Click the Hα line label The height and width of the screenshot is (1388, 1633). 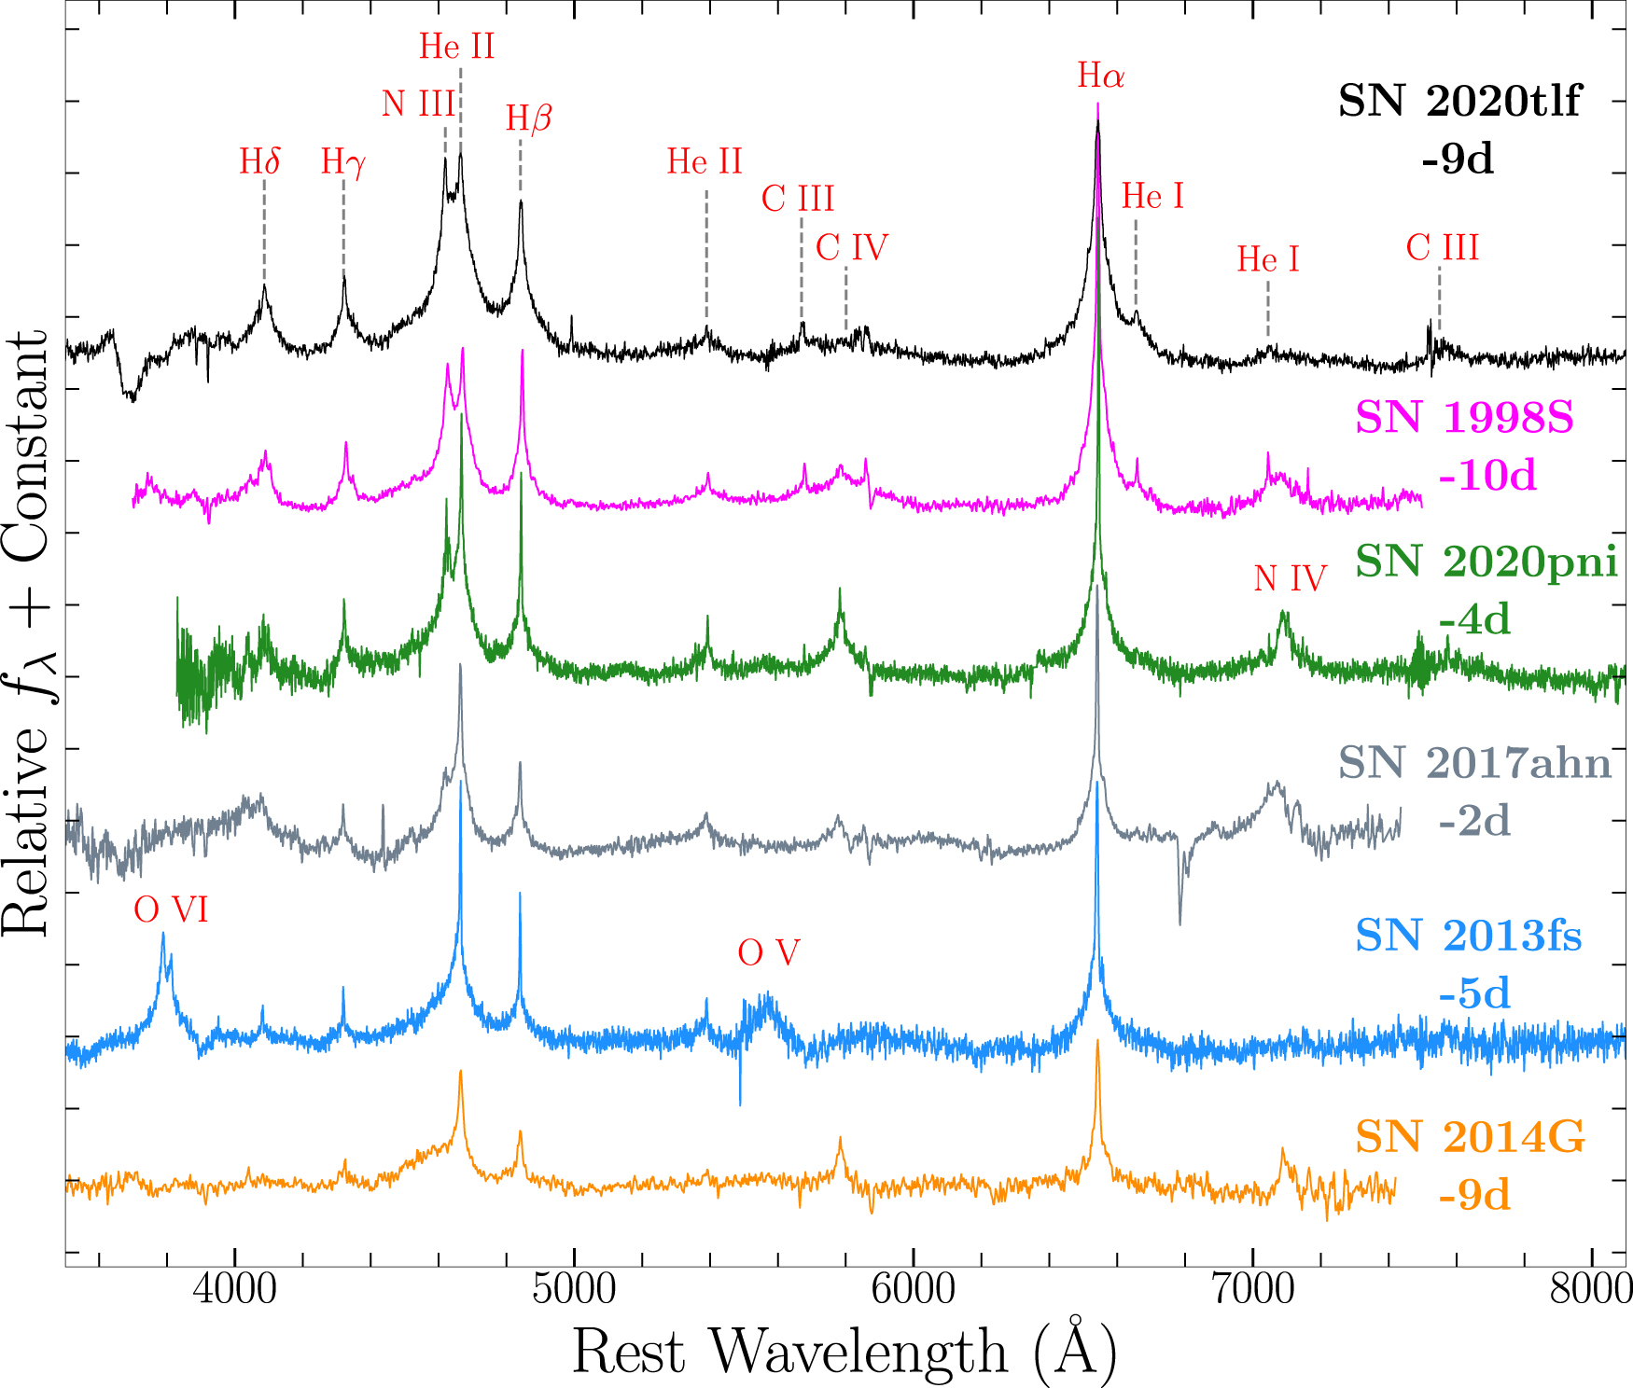point(1100,76)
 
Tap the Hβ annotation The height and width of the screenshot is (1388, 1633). point(528,118)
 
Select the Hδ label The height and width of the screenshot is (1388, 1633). point(259,161)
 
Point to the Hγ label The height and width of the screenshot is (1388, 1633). point(342,162)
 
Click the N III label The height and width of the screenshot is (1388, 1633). point(418,104)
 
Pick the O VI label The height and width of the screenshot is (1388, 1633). point(171,909)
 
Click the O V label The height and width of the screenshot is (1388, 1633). point(768,952)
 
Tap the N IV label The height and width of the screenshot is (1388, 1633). point(1290,579)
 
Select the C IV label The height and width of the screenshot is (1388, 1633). point(851,248)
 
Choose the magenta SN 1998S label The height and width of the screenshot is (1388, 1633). point(1464,417)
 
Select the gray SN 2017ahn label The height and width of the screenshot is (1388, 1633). point(1474,763)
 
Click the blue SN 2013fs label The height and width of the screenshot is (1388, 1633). point(1468,936)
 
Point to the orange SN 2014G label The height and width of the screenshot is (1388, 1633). point(1470,1137)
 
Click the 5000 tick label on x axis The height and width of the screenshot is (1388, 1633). point(574,1290)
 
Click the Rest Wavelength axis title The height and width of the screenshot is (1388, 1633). point(844,1352)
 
